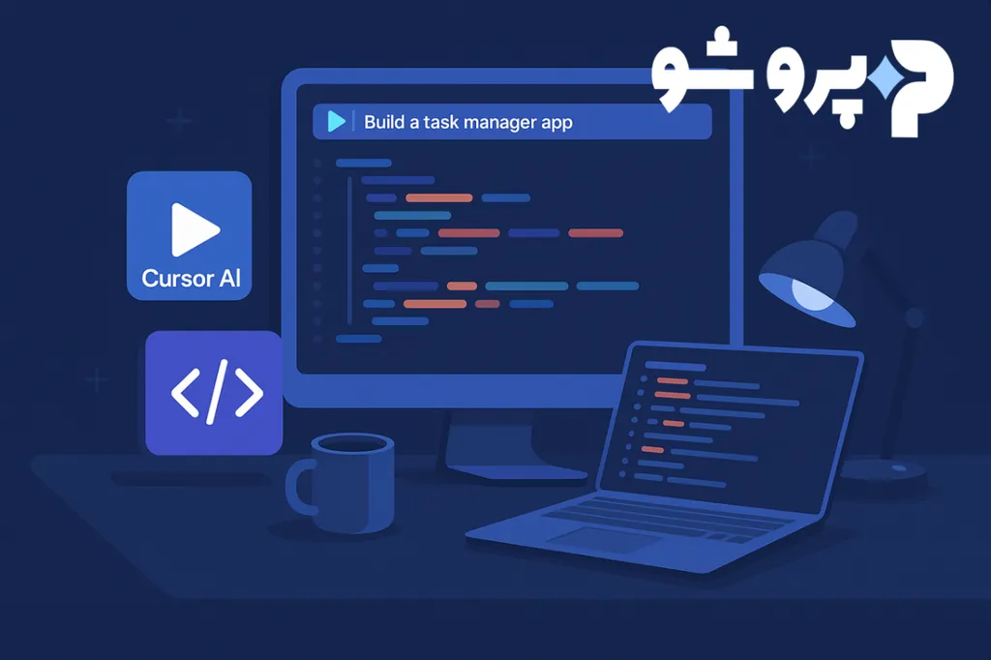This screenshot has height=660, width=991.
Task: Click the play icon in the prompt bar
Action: [x=337, y=121]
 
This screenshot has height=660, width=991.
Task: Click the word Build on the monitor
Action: [x=384, y=122]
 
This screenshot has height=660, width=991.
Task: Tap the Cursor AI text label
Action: [x=191, y=279]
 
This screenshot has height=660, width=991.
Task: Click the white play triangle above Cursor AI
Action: [x=194, y=229]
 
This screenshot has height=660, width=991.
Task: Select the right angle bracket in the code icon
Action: [x=248, y=392]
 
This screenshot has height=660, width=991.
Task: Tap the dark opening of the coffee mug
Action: [x=353, y=444]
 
